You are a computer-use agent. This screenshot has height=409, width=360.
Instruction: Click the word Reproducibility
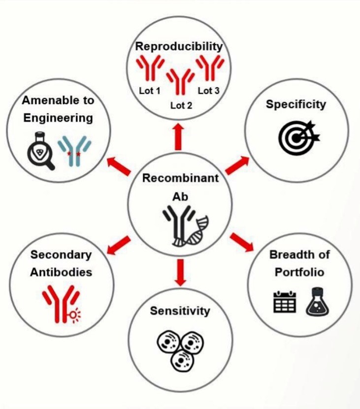pos(179,47)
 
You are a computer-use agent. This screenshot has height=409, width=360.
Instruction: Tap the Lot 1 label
pos(150,91)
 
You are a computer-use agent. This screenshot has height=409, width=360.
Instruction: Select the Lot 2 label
pos(181,105)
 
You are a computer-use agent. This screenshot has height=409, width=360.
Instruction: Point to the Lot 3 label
pos(209,91)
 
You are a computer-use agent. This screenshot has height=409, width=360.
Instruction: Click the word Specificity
pos(296,105)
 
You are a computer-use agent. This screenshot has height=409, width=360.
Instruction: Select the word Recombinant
pos(180,178)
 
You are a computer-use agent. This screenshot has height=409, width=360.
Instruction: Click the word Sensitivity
pos(180,311)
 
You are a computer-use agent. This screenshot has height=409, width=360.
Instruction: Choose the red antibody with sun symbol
pos(62,304)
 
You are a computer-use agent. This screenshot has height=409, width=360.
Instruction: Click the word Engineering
pos(58,118)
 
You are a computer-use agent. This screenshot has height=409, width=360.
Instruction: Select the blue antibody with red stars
pos(74,151)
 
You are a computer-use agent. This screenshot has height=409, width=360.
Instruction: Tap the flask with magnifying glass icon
pos(41,151)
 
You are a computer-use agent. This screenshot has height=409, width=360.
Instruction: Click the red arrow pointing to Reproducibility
pos(179,137)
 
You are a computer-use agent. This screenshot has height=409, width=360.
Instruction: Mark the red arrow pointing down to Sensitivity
pos(180,272)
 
